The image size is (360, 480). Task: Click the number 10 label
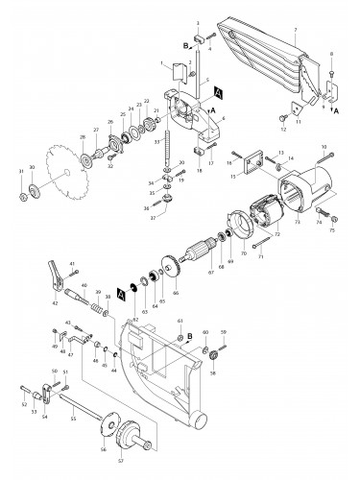(324, 145)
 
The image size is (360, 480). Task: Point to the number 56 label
(104, 448)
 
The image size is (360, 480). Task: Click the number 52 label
(20, 406)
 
